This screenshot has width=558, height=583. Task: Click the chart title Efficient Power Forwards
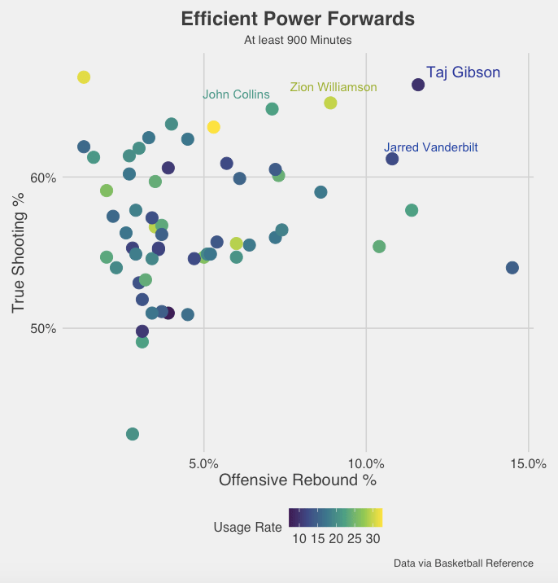click(x=298, y=19)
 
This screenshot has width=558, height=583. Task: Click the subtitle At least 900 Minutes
click(x=298, y=39)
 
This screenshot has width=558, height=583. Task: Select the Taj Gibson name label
click(x=463, y=72)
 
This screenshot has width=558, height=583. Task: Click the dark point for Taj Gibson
click(x=418, y=85)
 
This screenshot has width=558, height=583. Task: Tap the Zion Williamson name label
click(x=333, y=87)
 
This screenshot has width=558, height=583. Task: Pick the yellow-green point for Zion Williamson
click(x=330, y=103)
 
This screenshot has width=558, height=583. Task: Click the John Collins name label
click(x=236, y=94)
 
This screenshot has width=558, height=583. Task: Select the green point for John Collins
click(x=272, y=109)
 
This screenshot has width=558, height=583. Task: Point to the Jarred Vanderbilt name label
click(x=431, y=147)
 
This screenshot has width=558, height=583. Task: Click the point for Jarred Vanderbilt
click(x=392, y=159)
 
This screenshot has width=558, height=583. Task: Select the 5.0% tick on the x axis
click(x=203, y=463)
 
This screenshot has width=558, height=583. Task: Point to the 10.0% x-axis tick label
click(x=366, y=463)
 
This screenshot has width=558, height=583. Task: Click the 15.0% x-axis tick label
click(x=528, y=463)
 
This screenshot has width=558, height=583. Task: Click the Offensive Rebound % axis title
click(x=298, y=480)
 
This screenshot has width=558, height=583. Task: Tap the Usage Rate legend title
click(x=247, y=527)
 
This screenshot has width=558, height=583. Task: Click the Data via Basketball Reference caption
click(x=463, y=563)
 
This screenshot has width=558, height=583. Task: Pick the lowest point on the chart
click(x=133, y=434)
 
